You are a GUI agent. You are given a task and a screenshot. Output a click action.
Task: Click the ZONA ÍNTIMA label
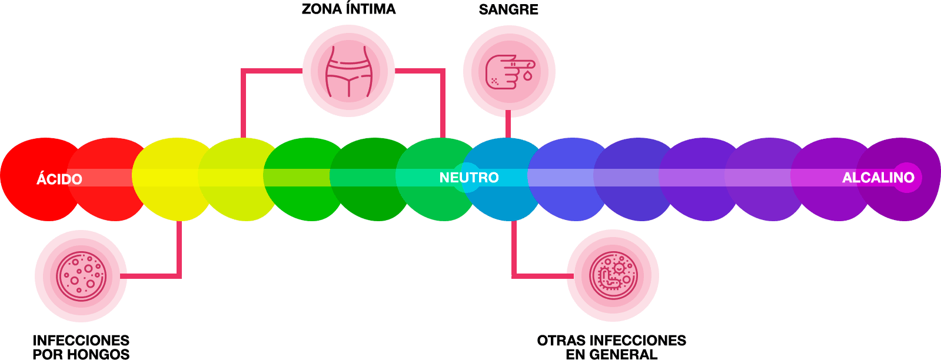(x=348, y=9)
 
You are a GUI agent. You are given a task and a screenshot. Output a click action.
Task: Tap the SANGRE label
(x=508, y=9)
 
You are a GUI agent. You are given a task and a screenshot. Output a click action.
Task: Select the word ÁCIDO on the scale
(x=59, y=179)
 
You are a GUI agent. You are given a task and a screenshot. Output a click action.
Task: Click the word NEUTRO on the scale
(x=469, y=178)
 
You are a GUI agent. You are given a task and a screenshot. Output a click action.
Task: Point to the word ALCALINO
(x=878, y=178)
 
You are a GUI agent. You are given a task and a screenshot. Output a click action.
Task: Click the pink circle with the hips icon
(x=348, y=71)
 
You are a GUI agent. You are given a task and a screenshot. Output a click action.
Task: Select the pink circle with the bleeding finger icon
(x=509, y=71)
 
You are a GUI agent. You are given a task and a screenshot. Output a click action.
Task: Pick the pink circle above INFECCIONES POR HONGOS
(x=81, y=276)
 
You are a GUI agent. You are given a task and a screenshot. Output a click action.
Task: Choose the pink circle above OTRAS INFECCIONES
(x=613, y=276)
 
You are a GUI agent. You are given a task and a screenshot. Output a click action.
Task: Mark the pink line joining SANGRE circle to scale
(x=508, y=126)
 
